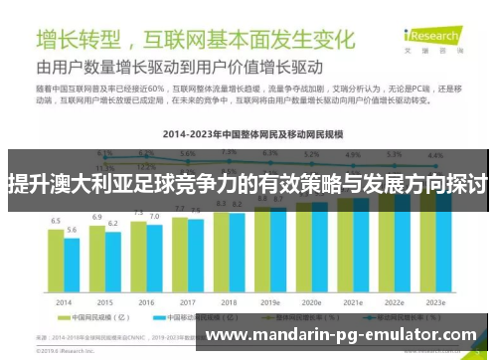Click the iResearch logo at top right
tap(458, 41)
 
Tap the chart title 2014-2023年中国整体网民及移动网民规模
tap(249, 130)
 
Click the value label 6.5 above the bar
tap(56, 220)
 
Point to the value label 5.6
tap(72, 230)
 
